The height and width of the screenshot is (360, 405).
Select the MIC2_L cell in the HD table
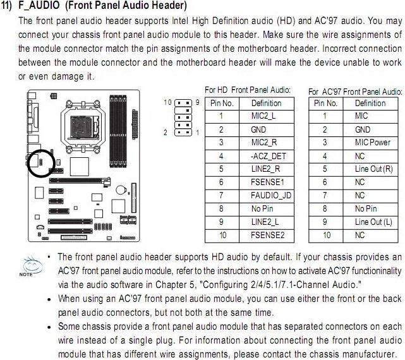pos(266,116)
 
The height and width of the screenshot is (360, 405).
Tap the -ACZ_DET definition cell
pos(266,155)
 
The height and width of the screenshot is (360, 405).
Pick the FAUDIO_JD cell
pos(270,195)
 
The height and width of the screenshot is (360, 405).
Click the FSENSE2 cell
pos(268,235)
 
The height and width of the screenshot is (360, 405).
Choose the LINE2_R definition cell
pos(266,169)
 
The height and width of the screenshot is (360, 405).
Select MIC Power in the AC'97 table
pos(372,142)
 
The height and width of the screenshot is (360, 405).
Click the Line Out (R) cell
pos(377,169)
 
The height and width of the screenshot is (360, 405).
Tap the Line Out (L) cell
pos(377,222)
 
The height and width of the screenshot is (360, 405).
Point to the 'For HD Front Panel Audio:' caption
pos(247,90)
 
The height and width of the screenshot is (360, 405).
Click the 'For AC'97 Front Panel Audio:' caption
pos(355,92)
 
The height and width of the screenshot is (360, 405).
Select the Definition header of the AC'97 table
pos(370,103)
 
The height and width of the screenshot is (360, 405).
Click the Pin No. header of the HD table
pos(221,103)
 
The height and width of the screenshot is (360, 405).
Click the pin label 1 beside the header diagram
pos(198,133)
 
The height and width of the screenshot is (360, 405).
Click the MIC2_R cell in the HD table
pos(266,142)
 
